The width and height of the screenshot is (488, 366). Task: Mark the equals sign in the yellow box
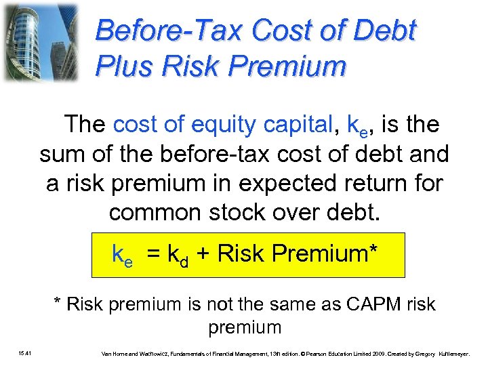(x=154, y=254)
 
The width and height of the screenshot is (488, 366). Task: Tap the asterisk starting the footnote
(x=58, y=303)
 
